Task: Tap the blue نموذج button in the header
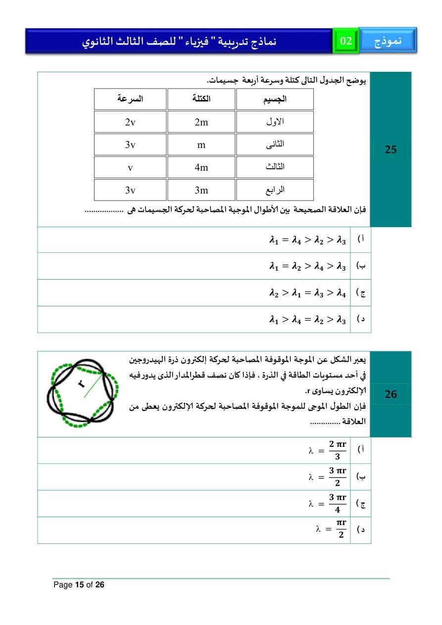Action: (388, 41)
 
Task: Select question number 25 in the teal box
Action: (391, 149)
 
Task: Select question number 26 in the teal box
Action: (391, 394)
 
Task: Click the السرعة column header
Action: (130, 99)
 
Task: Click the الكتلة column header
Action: (201, 99)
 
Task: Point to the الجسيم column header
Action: (275, 99)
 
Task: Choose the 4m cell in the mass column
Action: (201, 167)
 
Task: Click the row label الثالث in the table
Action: (275, 167)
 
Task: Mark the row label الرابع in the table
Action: (275, 190)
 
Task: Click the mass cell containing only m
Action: (201, 145)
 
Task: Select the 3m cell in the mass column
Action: (201, 190)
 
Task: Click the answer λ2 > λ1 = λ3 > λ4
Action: (307, 293)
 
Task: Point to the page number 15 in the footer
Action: (79, 585)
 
